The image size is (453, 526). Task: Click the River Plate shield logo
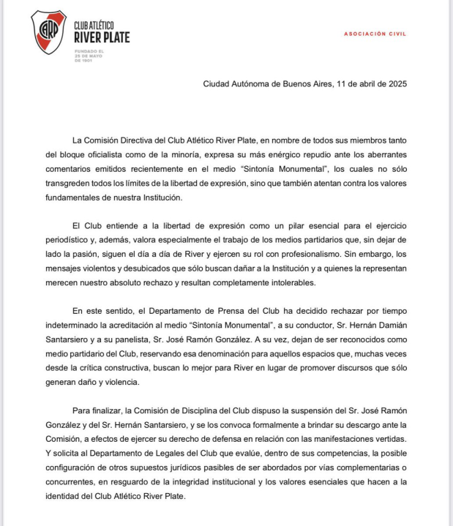coord(48,32)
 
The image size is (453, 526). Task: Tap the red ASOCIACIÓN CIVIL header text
coord(375,34)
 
